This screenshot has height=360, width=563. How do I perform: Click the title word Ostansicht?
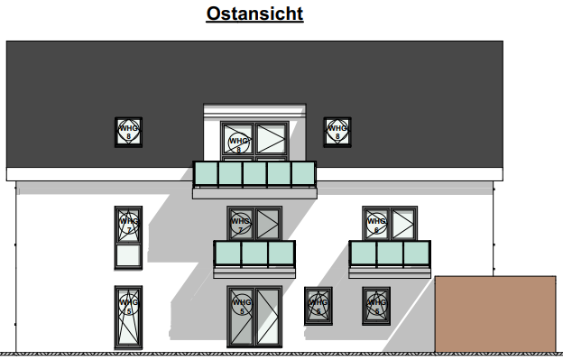(254, 14)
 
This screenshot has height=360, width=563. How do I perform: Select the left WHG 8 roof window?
(128, 132)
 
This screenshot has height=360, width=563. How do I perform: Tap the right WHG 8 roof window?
(337, 132)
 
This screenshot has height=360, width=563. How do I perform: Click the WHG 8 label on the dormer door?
(238, 141)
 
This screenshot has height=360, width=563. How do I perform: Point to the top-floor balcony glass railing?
(254, 173)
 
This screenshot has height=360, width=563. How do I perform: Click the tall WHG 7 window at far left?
(128, 238)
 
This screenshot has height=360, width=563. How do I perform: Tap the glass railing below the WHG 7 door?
(254, 254)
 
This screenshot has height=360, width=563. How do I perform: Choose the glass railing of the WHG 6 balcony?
(390, 254)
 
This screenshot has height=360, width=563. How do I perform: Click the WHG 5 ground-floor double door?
(254, 316)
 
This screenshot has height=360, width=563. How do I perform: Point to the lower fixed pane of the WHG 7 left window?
(128, 257)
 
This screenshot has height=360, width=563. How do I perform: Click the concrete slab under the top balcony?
(254, 192)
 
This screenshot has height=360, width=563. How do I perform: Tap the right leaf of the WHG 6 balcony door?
(402, 223)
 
